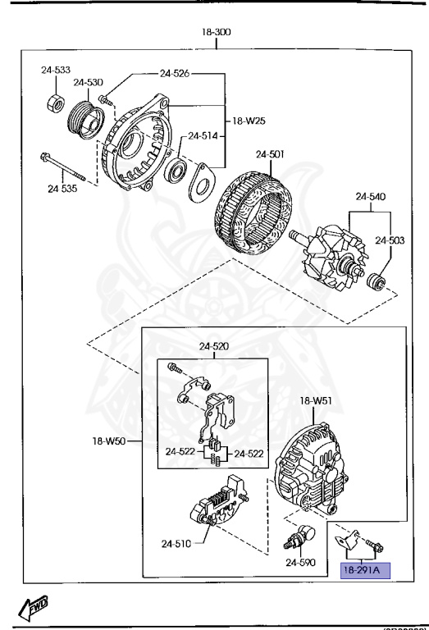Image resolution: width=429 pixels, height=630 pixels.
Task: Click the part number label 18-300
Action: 217,32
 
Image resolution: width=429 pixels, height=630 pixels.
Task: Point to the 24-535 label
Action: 62,188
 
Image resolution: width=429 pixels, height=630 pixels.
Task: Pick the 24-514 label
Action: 203,136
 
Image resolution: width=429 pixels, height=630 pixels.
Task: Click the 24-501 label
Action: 269,153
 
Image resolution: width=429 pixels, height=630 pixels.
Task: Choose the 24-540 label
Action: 370,197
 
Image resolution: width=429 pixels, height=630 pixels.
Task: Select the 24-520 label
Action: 214,346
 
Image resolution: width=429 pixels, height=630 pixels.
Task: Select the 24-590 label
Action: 299,563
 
